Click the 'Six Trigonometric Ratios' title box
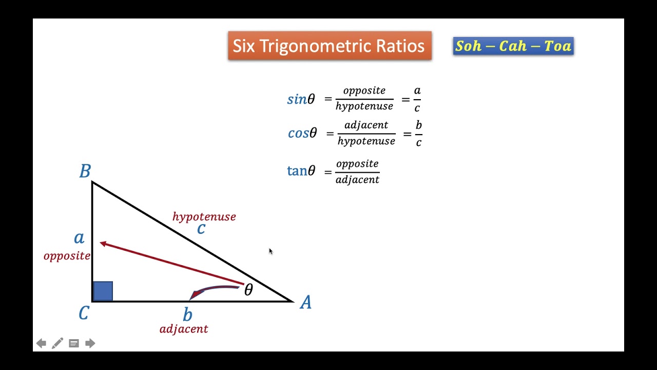tap(330, 46)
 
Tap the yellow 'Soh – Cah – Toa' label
tap(513, 46)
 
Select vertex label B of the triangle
tap(85, 171)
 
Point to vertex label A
tap(305, 303)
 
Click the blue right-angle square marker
tap(103, 291)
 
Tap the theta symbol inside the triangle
tap(248, 290)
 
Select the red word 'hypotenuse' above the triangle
tap(204, 217)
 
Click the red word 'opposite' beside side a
tap(67, 256)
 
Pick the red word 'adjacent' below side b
tap(184, 329)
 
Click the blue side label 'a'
tap(79, 238)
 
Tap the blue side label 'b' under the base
tap(188, 314)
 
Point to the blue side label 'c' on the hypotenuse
tap(201, 229)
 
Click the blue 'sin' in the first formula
tap(297, 99)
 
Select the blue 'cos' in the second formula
tap(298, 133)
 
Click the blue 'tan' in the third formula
tap(297, 171)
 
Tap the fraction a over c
tap(417, 99)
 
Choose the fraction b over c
tap(419, 134)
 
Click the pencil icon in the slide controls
tap(57, 343)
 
